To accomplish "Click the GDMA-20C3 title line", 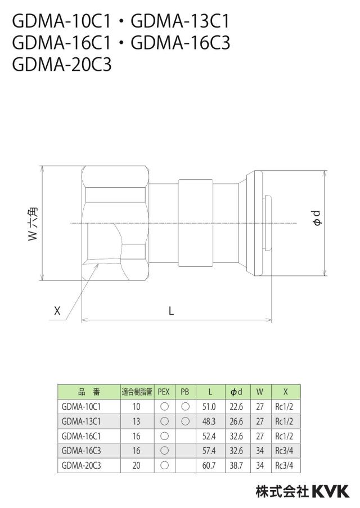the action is [62, 64].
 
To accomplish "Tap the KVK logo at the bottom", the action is [331, 491].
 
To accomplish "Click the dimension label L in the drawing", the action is [171, 311].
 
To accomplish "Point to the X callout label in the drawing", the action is [57, 311].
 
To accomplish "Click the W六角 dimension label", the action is [33, 224].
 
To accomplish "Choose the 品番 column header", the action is [89, 392].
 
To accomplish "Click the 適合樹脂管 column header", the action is [137, 392].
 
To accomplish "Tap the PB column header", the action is [184, 392].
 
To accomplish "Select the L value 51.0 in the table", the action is [209, 407].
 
